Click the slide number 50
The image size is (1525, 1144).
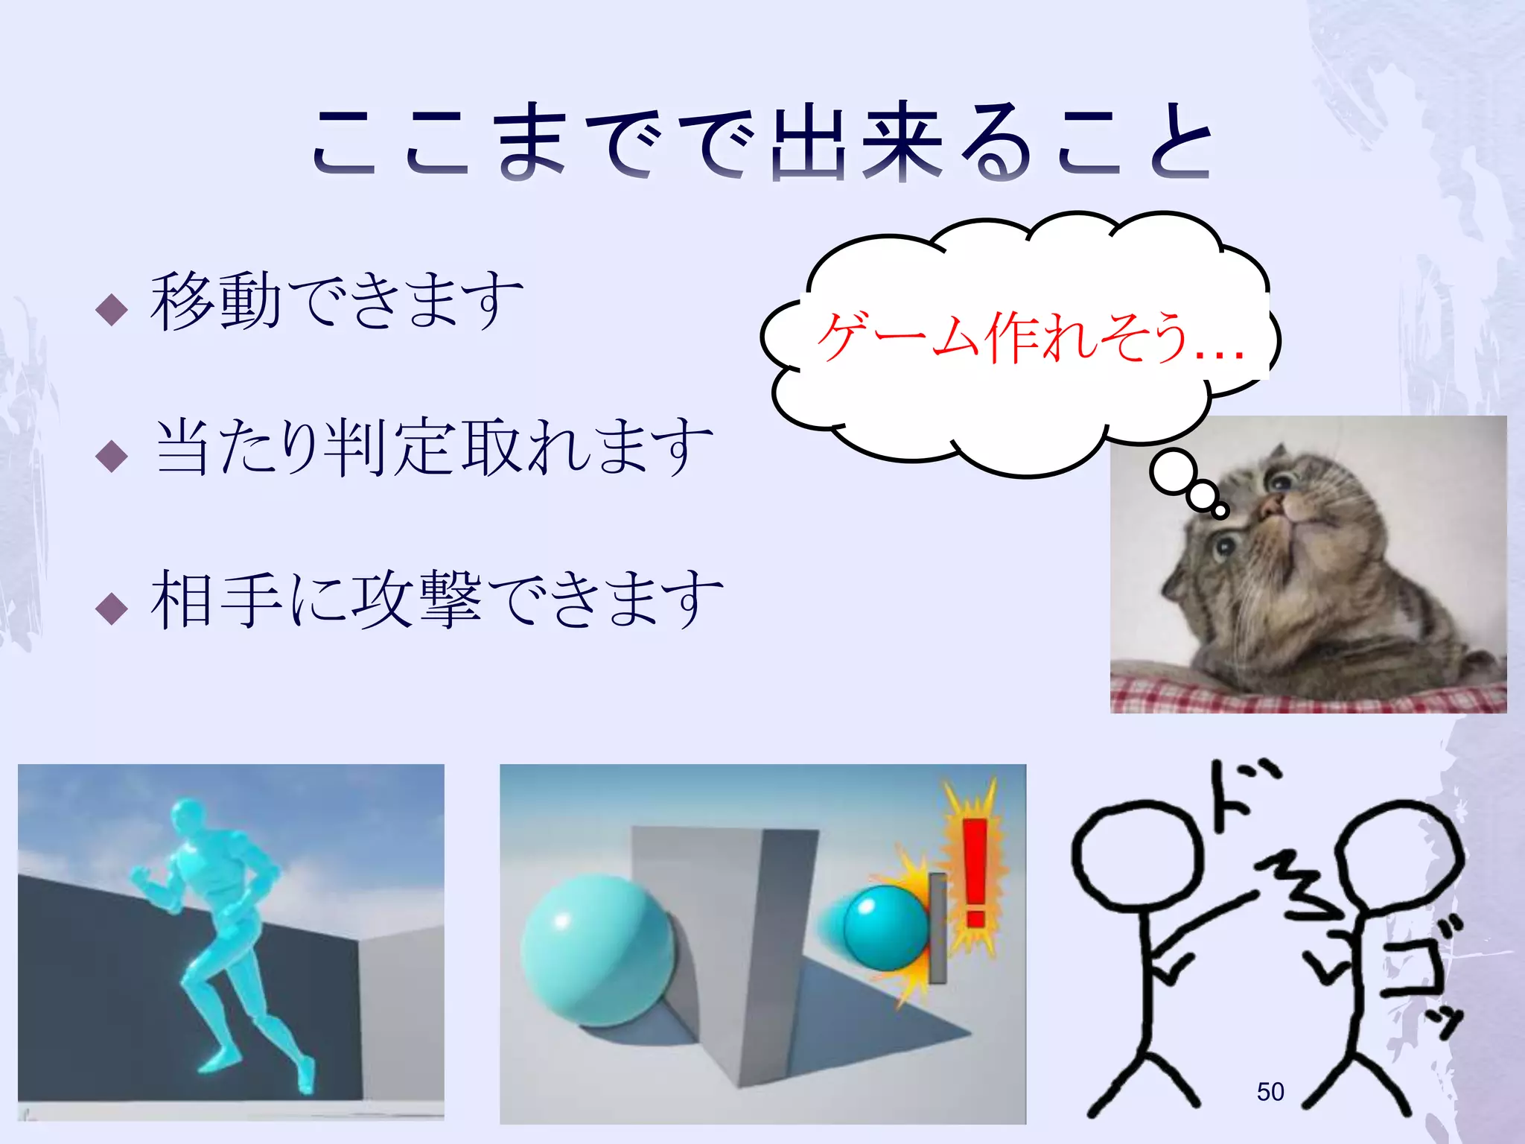click(x=1270, y=1092)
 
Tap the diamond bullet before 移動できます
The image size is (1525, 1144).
click(x=112, y=308)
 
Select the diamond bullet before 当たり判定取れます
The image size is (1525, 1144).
click(x=112, y=455)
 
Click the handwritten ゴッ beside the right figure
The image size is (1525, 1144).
click(x=1426, y=976)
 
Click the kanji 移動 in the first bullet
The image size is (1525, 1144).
click(x=216, y=302)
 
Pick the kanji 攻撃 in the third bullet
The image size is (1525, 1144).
click(x=417, y=600)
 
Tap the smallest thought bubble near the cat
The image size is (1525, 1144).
click(x=1220, y=511)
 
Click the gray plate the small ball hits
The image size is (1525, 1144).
click(x=937, y=927)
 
